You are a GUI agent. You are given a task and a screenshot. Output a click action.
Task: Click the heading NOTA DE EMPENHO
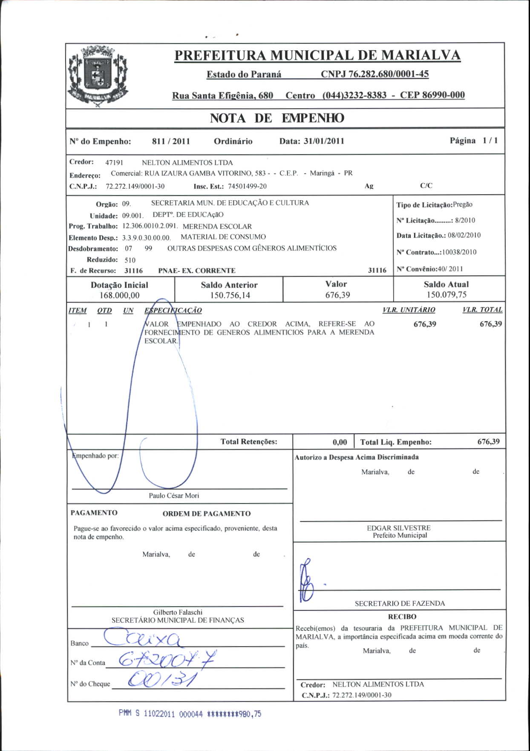(x=277, y=118)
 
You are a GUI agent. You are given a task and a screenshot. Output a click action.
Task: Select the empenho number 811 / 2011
(x=171, y=141)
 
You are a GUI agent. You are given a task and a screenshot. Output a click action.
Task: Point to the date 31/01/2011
(x=324, y=141)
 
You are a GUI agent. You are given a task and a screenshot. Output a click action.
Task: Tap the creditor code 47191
(x=114, y=163)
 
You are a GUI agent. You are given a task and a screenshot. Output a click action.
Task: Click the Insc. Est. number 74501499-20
(x=247, y=187)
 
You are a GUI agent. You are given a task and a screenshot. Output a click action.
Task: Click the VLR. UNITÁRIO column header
(x=409, y=310)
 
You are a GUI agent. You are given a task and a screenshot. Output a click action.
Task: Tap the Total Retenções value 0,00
(x=340, y=442)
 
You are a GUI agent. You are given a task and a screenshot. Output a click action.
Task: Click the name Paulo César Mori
(x=174, y=495)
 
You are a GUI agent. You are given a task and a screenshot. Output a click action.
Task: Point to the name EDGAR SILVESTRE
(x=399, y=528)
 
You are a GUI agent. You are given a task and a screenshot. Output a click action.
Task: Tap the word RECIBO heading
(x=402, y=616)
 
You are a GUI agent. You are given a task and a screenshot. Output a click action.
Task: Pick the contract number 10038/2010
(x=459, y=252)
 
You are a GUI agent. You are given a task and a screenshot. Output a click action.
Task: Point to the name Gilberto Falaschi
(x=178, y=612)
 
